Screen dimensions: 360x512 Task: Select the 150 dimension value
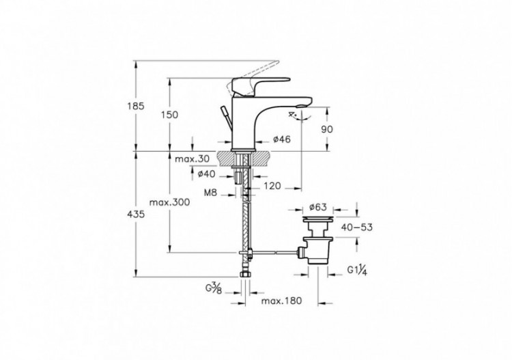pos(171,115)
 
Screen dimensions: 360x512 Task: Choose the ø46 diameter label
pos(282,139)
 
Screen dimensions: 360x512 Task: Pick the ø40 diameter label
pos(207,174)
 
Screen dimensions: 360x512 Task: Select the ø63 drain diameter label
pos(319,206)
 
